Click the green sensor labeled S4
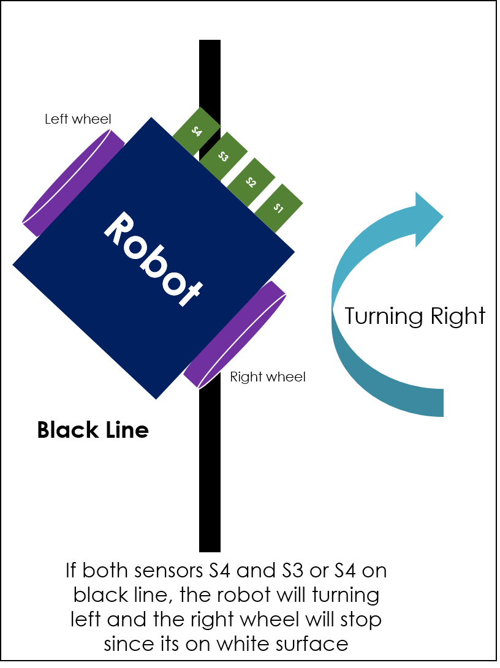197,131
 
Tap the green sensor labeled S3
224,157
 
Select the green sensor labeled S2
251,181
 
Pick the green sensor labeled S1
278,208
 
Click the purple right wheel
235,334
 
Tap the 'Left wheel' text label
78,119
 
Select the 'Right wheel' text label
267,377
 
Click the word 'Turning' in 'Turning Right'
375,316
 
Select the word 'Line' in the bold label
126,430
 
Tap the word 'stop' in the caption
360,620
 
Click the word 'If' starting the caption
72,571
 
